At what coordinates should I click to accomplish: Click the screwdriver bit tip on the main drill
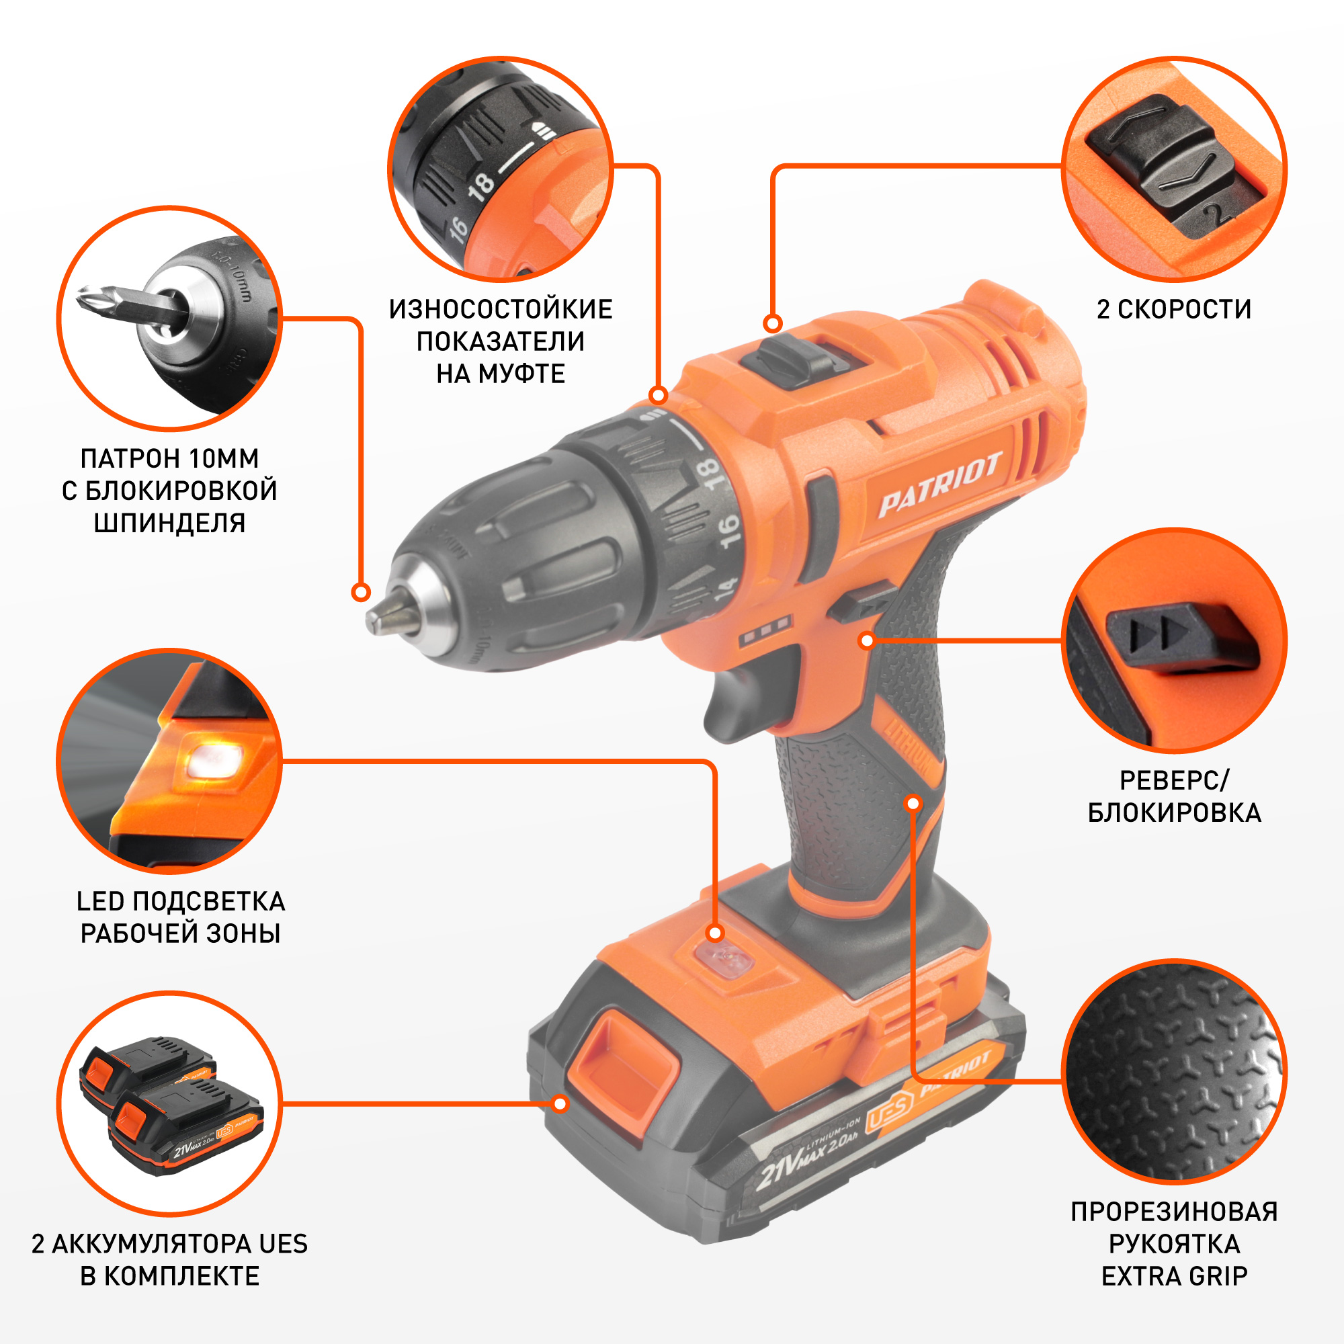click(387, 612)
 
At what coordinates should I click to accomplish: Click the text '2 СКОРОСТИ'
click(1174, 309)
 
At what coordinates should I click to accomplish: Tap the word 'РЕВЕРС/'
click(1174, 780)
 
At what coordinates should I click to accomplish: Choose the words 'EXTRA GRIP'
click(1174, 1277)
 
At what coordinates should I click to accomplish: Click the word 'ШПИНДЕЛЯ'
click(170, 522)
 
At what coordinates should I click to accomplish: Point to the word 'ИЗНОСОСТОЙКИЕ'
click(501, 309)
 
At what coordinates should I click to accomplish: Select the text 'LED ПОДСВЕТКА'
click(181, 901)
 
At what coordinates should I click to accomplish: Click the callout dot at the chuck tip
click(360, 593)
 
